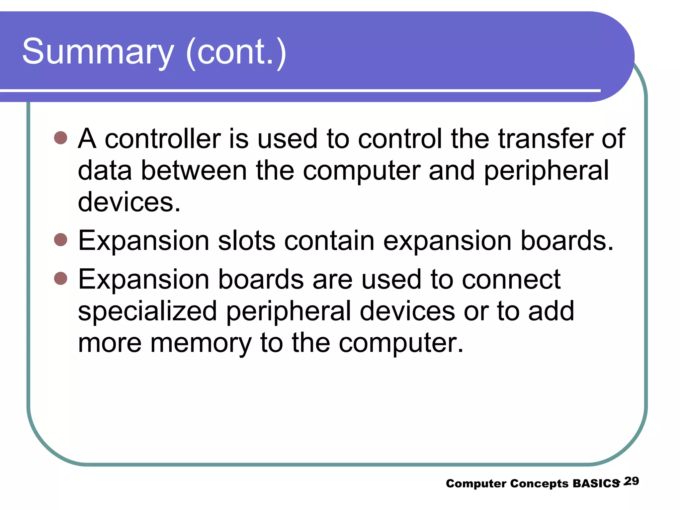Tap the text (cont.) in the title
(236, 52)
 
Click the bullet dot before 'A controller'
(60, 137)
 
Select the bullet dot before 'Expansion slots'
(60, 239)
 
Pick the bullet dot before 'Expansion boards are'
(60, 278)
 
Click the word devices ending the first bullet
(129, 202)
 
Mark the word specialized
(147, 311)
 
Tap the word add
(551, 311)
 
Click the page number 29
(632, 481)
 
